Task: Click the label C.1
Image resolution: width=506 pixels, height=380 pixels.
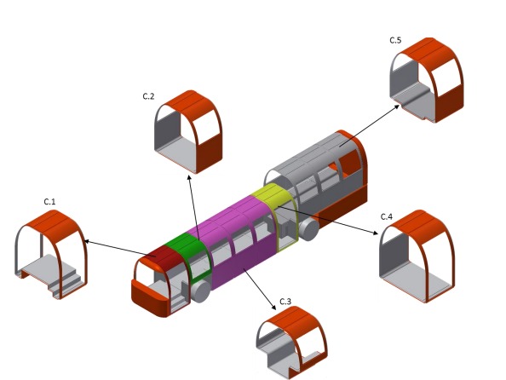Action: (x=49, y=202)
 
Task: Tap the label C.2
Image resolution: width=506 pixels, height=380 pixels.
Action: (x=148, y=96)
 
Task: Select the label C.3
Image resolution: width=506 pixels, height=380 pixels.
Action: (x=285, y=302)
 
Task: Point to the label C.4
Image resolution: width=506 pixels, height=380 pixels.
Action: (x=387, y=216)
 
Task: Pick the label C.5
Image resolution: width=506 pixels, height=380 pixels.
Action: (x=395, y=40)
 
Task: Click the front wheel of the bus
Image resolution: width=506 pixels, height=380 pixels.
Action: (x=200, y=291)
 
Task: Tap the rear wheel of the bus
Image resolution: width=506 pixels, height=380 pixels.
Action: (x=308, y=229)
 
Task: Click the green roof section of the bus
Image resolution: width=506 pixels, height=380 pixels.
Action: (x=185, y=242)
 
